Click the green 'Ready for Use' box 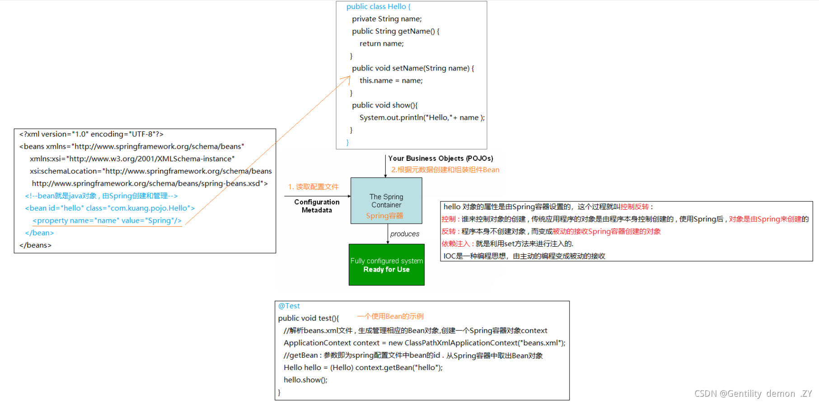pos(386,265)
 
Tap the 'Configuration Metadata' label pos(317,206)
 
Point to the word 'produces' pos(404,234)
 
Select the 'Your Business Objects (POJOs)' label pos(440,159)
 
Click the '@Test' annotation pos(289,306)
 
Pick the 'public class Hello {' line pos(378,7)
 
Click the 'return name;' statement pos(381,44)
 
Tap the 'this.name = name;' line pos(391,81)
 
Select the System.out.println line pos(421,118)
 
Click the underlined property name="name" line pos(107,221)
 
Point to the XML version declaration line pos(91,135)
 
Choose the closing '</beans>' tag pos(35,245)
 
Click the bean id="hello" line pos(110,208)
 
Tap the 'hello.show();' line pos(305,380)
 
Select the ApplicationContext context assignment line pos(424,343)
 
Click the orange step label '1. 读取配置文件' pos(314,187)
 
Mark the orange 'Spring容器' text pos(384,216)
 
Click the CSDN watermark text pos(753,394)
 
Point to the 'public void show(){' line pos(384,105)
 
